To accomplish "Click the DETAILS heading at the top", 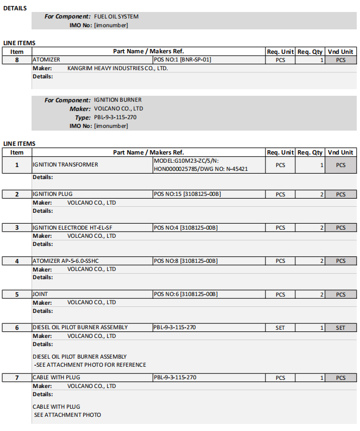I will (15, 8).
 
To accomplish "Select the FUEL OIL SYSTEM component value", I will (116, 17).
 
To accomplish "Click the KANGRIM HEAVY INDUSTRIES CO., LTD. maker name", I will (117, 69).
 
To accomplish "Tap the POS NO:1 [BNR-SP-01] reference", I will (182, 60).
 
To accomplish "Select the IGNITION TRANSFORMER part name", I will (65, 165).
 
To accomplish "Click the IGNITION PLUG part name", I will (53, 194).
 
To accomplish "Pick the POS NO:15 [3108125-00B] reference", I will (187, 194).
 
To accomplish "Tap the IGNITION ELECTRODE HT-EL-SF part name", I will (71, 227).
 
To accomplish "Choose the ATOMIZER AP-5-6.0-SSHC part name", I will (70, 261).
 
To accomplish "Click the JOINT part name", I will (41, 294).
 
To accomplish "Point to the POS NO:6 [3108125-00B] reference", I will (185, 294).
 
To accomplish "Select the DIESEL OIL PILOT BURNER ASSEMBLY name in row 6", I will (80, 328).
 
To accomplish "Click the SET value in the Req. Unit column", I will (280, 328).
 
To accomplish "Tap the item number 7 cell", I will (17, 378).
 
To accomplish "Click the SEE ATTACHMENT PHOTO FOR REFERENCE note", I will (90, 365).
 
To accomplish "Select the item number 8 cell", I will (17, 60).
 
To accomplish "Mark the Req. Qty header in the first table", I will (310, 52).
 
